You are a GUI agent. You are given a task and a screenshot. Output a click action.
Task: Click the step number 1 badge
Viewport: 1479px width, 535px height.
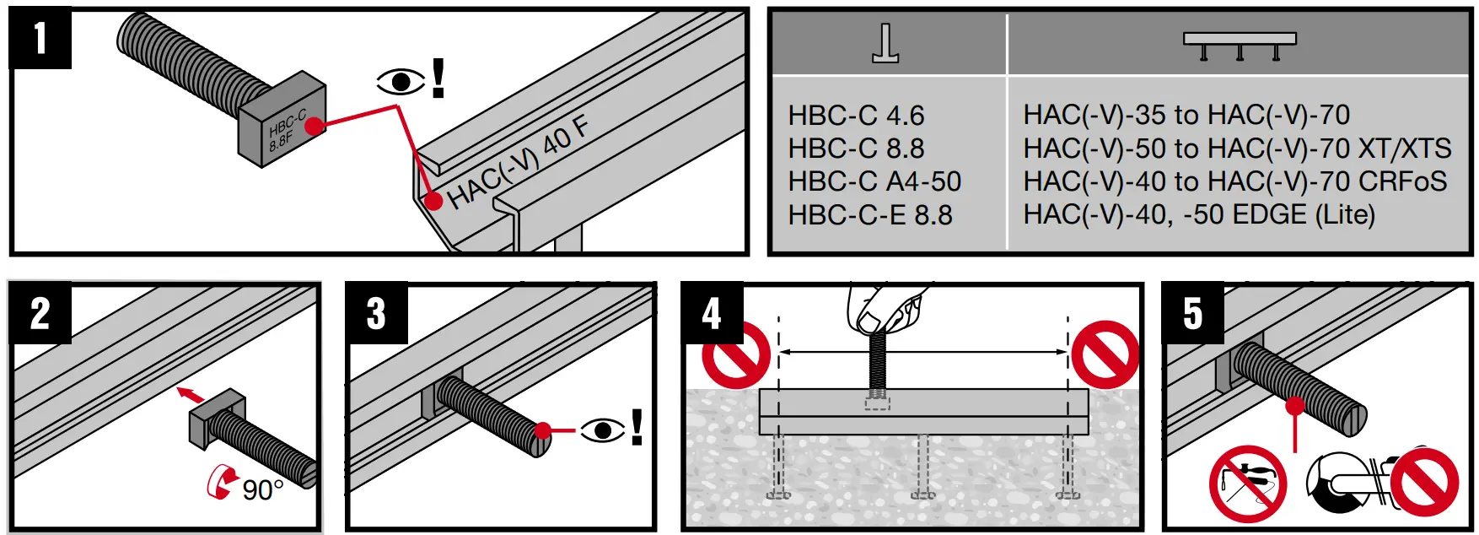[40, 39]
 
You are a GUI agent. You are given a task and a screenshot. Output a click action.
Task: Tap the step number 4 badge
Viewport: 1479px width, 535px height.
[712, 313]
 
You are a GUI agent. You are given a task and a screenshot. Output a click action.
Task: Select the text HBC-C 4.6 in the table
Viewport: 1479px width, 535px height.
[855, 115]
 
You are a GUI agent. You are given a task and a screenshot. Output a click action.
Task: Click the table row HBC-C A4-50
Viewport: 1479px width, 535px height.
[874, 181]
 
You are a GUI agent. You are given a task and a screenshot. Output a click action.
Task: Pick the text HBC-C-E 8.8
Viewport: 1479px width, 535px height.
[869, 215]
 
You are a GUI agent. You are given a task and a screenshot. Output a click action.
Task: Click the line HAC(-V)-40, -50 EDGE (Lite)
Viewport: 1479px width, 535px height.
[1198, 214]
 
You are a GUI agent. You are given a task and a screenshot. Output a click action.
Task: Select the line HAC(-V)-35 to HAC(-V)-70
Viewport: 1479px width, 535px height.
[1186, 115]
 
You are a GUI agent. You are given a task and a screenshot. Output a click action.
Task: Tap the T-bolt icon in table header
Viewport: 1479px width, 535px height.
[885, 44]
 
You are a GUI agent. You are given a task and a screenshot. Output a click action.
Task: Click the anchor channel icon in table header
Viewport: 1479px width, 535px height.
[1239, 46]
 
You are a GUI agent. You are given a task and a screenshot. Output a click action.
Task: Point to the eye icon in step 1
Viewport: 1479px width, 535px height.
[401, 82]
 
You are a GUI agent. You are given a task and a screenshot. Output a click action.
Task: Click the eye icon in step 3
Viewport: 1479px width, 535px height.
[602, 430]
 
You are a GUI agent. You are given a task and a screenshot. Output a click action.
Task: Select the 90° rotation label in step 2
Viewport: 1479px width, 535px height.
[262, 490]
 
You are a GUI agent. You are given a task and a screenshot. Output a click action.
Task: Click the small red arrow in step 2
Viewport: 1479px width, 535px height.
[191, 393]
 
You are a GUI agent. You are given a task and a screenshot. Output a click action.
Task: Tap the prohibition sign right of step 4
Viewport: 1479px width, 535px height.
[1105, 354]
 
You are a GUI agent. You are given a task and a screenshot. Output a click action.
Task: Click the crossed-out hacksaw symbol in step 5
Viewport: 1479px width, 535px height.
[1247, 484]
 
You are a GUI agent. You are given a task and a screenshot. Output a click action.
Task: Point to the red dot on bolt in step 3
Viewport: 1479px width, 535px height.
[543, 430]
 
